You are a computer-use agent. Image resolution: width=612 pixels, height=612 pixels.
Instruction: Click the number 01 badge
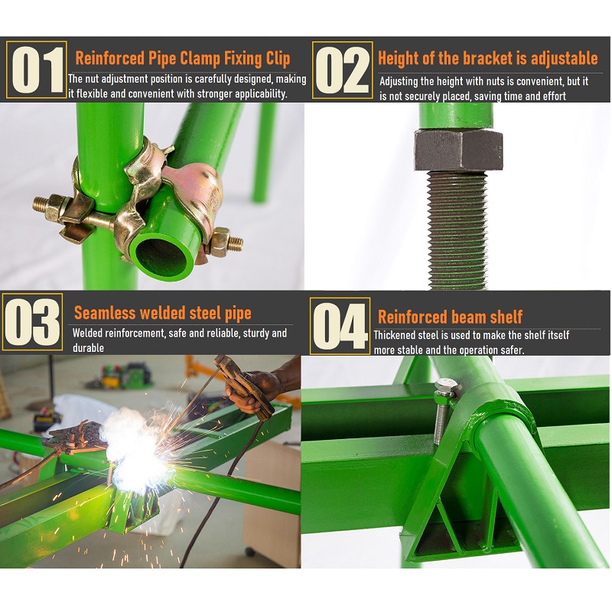(36, 70)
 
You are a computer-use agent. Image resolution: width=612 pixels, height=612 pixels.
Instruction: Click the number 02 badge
(342, 70)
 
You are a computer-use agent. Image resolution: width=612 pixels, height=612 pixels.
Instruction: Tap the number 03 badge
(32, 321)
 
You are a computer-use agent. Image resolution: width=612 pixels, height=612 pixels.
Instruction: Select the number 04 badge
(340, 326)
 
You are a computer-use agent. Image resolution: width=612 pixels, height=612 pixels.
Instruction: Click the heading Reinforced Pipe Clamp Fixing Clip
(183, 58)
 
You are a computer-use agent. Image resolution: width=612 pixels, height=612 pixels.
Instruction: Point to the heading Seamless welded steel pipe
(163, 313)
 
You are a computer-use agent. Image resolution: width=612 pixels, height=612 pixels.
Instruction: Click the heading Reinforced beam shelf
(450, 317)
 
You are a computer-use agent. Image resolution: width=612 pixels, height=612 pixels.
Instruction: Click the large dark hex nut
(458, 150)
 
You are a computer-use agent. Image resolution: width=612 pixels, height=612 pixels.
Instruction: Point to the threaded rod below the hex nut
(457, 230)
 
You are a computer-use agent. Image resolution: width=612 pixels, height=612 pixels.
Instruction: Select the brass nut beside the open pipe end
(220, 242)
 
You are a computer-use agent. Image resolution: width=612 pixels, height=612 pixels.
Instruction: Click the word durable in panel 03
(88, 348)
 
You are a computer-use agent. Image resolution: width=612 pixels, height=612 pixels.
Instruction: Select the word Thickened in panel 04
(395, 335)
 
